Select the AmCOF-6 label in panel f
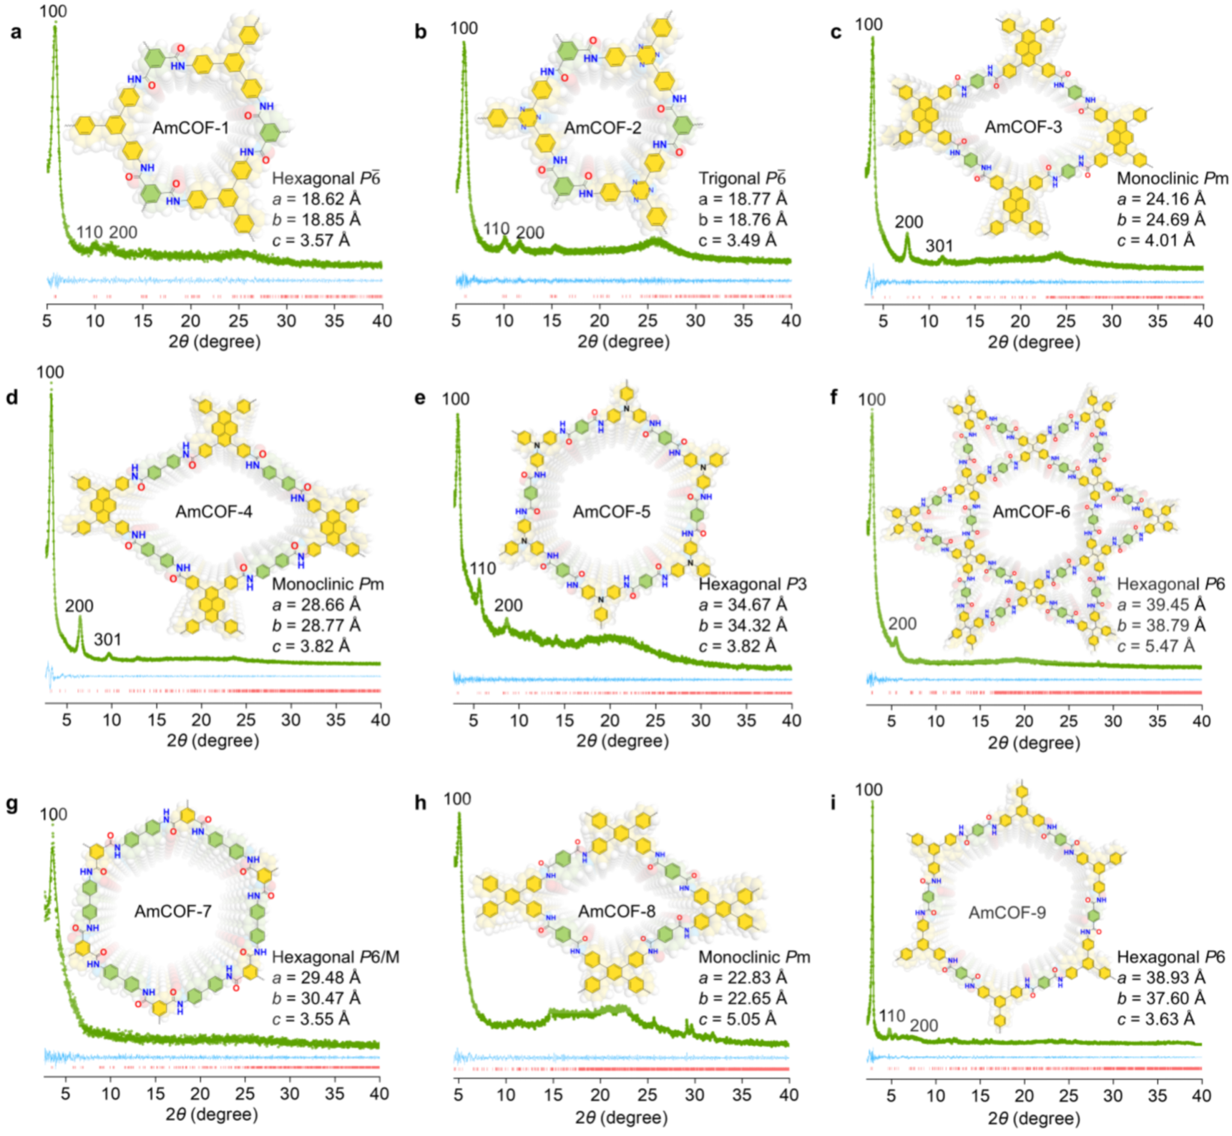point(1031,511)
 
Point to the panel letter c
point(836,32)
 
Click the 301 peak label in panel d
point(108,639)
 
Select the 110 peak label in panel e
point(482,569)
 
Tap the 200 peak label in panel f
point(902,624)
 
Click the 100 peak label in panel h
point(457,799)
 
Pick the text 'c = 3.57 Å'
point(311,241)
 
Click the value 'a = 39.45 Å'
point(1161,604)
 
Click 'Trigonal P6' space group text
point(742,178)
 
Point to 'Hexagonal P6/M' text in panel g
point(336,957)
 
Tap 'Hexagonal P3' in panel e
point(753,583)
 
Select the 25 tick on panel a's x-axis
point(239,321)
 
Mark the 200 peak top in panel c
point(907,234)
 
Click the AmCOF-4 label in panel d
point(214,511)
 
